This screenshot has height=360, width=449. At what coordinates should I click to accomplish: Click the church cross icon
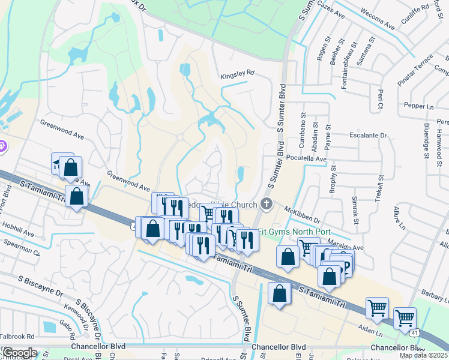(267, 205)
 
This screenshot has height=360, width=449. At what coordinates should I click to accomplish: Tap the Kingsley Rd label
(237, 73)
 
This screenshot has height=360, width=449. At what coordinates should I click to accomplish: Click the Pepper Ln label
(419, 106)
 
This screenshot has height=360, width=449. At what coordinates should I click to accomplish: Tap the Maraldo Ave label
(345, 247)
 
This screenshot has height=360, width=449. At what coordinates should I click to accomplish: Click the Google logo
(19, 353)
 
